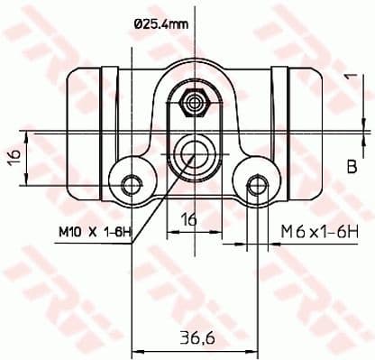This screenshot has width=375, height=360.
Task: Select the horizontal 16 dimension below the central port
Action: click(188, 218)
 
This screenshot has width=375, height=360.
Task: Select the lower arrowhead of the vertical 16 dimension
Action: click(32, 178)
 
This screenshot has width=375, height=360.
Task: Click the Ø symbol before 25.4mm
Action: click(138, 25)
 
